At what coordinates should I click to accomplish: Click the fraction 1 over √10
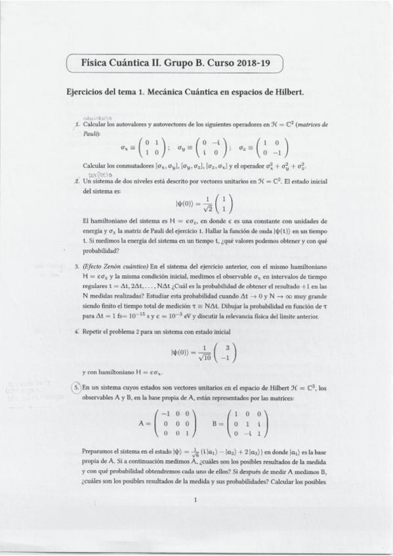[197, 352]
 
